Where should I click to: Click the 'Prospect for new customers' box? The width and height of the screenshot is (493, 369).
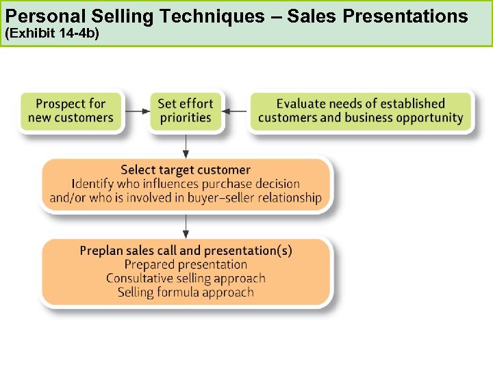pyautogui.click(x=71, y=111)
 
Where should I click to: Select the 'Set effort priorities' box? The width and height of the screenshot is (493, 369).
pyautogui.click(x=185, y=111)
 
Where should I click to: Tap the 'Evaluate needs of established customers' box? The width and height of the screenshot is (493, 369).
pyautogui.click(x=361, y=111)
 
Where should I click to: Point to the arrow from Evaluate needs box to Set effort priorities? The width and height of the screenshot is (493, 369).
pyautogui.click(x=236, y=111)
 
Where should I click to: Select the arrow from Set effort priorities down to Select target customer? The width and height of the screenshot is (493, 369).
pyautogui.click(x=185, y=145)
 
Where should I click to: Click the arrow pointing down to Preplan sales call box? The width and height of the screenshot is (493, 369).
pyautogui.click(x=185, y=226)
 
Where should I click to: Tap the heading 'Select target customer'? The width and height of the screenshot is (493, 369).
pyautogui.click(x=186, y=169)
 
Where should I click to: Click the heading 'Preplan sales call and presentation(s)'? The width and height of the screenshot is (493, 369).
pyautogui.click(x=186, y=250)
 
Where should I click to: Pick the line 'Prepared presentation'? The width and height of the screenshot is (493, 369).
pyautogui.click(x=186, y=264)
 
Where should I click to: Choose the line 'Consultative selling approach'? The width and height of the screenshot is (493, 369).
pyautogui.click(x=186, y=278)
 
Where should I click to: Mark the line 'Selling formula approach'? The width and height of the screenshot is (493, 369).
pyautogui.click(x=186, y=292)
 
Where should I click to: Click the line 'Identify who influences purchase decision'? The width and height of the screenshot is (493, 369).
pyautogui.click(x=186, y=184)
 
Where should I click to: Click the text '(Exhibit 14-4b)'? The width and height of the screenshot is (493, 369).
pyautogui.click(x=52, y=32)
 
